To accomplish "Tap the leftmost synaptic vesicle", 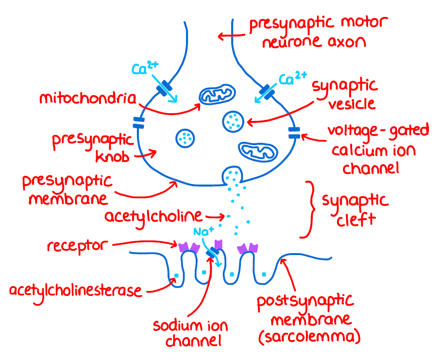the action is pos(185,138).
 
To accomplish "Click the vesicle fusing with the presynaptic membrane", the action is pos(232,175).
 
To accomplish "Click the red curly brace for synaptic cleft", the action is pos(309,210).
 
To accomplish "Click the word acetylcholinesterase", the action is pos(76,291).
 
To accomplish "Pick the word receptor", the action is pos(76,246).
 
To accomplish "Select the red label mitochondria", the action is pos(87,98).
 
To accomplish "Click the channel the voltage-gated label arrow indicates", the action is pos(294,132).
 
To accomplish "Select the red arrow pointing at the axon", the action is pos(230,35).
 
